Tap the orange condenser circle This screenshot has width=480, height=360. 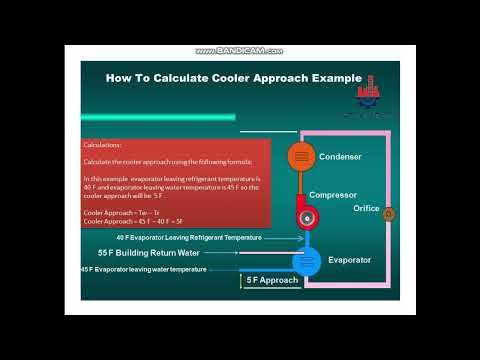pos(300,156)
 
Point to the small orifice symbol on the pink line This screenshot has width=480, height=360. pos(389,213)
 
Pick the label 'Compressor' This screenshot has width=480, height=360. pos(334,195)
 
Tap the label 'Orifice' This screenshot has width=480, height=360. pos(366,208)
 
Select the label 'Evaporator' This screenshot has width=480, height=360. pos(349,260)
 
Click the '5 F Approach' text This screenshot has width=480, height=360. pos(272,281)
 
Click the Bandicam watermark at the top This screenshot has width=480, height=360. pos(240,50)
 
